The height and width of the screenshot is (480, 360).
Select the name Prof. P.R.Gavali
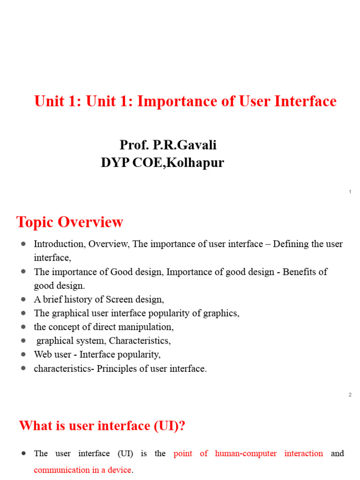168,145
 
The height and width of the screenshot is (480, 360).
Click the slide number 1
350,192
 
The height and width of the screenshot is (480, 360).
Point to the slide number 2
350,395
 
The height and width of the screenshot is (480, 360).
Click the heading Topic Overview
70,222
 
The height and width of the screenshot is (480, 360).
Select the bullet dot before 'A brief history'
23,299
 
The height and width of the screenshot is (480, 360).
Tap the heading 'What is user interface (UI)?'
102,426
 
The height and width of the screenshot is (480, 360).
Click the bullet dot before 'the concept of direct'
23,327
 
